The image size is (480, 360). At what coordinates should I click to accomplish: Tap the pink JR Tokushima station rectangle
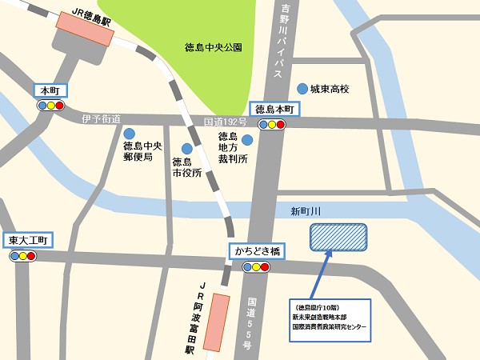[x=83, y=34]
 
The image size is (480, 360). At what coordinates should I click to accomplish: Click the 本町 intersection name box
[x=50, y=90]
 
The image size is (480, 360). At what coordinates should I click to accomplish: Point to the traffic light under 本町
[x=50, y=105]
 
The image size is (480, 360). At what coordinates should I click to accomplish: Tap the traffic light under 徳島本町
[x=273, y=124]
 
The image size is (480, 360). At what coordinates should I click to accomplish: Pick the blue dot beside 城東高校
[x=302, y=88]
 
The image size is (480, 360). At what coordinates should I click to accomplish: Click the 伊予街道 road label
[x=101, y=119]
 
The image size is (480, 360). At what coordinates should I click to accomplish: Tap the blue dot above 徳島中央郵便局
[x=129, y=133]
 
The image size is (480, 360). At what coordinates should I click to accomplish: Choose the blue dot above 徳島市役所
[x=186, y=148]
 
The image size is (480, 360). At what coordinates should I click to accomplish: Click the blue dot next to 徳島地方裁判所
[x=247, y=140]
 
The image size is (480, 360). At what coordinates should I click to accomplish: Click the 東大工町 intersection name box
[x=29, y=240]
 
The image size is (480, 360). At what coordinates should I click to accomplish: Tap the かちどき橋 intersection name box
[x=257, y=251]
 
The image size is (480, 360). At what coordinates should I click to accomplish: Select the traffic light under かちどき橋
[x=256, y=267]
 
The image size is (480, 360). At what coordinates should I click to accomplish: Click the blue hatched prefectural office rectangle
[x=338, y=238]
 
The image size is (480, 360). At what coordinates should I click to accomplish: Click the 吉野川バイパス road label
[x=285, y=40]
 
